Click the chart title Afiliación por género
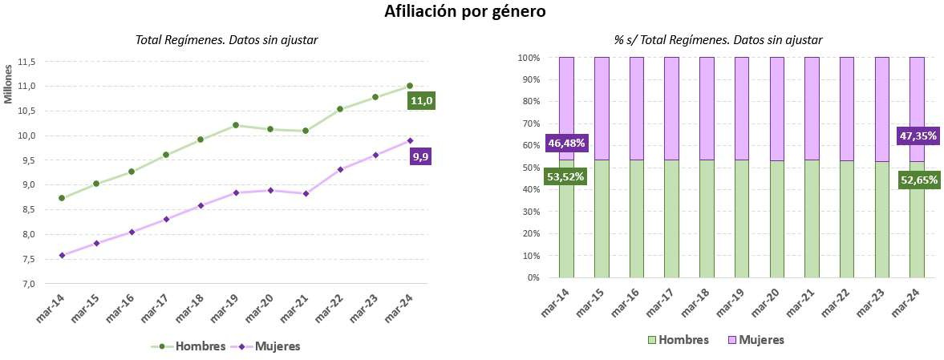[x=472, y=12]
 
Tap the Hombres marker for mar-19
[x=236, y=125]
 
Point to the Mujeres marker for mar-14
[x=62, y=256]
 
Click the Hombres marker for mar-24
[x=410, y=86]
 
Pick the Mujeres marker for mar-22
[x=340, y=169]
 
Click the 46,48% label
[x=567, y=144]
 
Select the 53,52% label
[x=567, y=176]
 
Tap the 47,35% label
[x=917, y=136]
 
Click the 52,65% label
[x=917, y=180]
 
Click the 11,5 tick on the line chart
[x=28, y=62]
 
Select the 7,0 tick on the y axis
[x=28, y=285]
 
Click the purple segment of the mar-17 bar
[x=672, y=108]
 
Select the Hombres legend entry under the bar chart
[x=679, y=340]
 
